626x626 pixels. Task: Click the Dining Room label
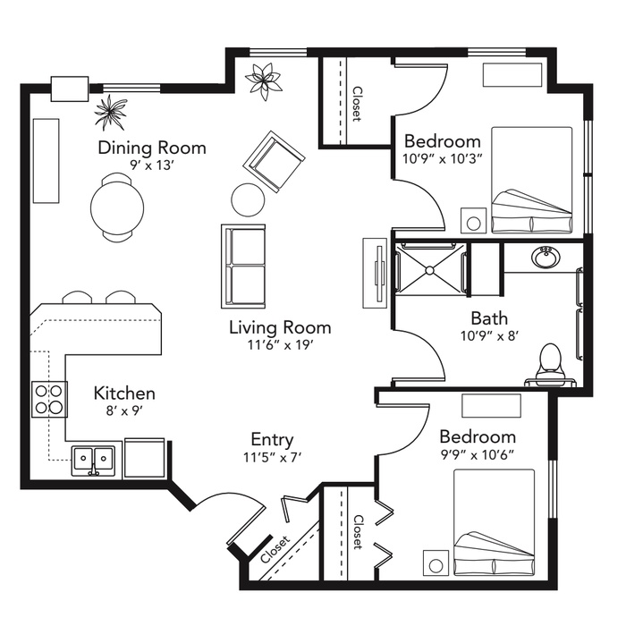(152, 148)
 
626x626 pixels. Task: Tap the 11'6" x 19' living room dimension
(280, 344)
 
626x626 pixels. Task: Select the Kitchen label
(124, 393)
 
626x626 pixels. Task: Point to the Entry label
(272, 440)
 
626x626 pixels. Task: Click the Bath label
(489, 318)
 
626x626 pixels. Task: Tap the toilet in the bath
(551, 362)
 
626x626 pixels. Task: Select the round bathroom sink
(546, 258)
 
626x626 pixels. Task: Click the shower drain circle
(429, 271)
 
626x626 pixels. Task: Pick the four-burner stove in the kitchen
(50, 399)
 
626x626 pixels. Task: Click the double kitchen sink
(93, 461)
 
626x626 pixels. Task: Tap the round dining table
(117, 208)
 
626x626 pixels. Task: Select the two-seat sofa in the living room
(243, 266)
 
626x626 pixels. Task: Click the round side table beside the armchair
(248, 199)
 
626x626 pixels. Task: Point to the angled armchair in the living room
(274, 161)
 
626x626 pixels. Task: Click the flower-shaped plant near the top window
(263, 80)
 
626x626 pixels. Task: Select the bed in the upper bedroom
(532, 180)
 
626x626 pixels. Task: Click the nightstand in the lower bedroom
(436, 563)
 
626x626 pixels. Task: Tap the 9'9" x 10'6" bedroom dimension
(478, 454)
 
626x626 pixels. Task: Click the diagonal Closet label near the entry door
(275, 549)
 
